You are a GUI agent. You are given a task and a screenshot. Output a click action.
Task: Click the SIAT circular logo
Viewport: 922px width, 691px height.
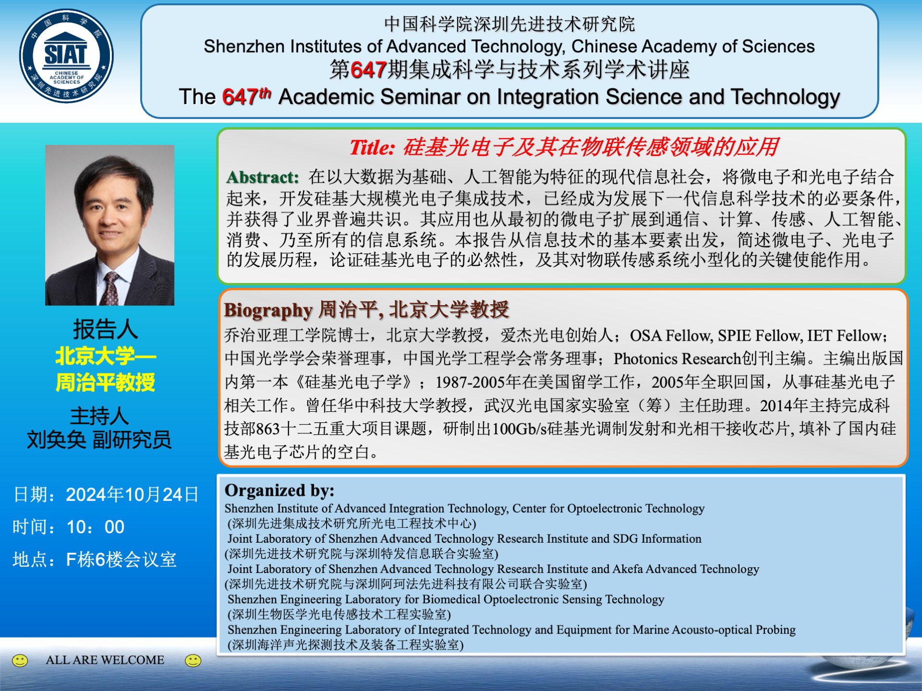point(66,56)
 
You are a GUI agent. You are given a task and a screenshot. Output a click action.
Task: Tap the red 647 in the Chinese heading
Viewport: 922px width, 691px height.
point(369,70)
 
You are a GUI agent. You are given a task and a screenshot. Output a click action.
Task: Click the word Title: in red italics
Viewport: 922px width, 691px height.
point(372,147)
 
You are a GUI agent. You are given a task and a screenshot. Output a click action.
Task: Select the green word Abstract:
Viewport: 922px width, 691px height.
point(263,177)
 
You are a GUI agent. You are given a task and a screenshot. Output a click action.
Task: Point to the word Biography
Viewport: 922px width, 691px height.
point(268,310)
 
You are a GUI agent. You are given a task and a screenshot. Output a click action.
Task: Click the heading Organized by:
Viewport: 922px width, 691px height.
point(279,490)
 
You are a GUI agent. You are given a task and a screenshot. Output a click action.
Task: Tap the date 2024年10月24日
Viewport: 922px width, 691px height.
point(133,495)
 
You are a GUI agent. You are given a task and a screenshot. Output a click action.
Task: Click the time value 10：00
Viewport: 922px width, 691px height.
point(96,527)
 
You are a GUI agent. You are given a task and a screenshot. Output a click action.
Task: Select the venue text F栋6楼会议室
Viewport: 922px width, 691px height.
point(121,560)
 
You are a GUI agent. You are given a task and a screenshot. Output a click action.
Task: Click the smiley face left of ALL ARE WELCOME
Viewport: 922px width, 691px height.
point(20,661)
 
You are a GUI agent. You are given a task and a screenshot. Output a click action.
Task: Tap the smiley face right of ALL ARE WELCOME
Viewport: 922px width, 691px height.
point(193,661)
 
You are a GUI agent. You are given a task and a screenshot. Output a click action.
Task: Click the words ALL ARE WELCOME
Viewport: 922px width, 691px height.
point(105,660)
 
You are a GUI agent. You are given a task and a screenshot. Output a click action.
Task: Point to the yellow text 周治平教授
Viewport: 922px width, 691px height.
point(105,382)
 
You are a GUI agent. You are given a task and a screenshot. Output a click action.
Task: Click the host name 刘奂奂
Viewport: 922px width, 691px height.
point(56,440)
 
